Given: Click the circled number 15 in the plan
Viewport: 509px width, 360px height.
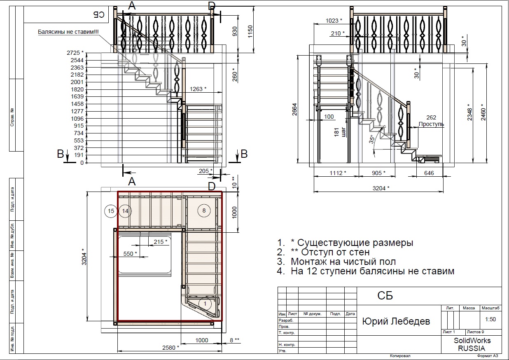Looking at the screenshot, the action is [x=111, y=211].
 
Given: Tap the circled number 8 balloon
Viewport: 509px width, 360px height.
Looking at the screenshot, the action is [x=204, y=210].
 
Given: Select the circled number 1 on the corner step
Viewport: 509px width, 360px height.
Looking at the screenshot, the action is [x=205, y=304].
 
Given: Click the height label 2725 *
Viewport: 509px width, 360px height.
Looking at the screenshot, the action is [x=75, y=53].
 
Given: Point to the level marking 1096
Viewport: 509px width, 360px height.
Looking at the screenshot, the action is [x=77, y=118].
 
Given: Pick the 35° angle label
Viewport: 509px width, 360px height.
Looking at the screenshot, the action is [x=372, y=139].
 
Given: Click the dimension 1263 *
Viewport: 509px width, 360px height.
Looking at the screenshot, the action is [x=198, y=89].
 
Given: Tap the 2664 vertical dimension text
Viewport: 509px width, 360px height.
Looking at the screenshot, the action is [x=294, y=110].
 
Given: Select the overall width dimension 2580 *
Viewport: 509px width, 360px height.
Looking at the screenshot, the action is [x=170, y=348].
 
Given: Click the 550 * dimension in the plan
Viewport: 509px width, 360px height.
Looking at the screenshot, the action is [x=130, y=253].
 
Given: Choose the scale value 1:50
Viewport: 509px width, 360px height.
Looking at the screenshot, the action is [x=490, y=319].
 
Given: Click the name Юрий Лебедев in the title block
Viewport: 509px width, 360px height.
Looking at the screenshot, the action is [x=396, y=321].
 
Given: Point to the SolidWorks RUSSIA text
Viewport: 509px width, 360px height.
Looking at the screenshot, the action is [x=472, y=344].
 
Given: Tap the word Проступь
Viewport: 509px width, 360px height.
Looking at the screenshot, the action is [x=431, y=124].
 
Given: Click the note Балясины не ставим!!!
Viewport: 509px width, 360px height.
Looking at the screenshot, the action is [x=68, y=32].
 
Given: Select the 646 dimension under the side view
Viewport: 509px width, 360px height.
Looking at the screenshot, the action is [x=429, y=173].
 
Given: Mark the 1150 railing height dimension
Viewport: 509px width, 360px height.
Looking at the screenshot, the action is [x=250, y=32].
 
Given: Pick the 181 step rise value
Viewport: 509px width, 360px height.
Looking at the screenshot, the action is [x=336, y=132].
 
